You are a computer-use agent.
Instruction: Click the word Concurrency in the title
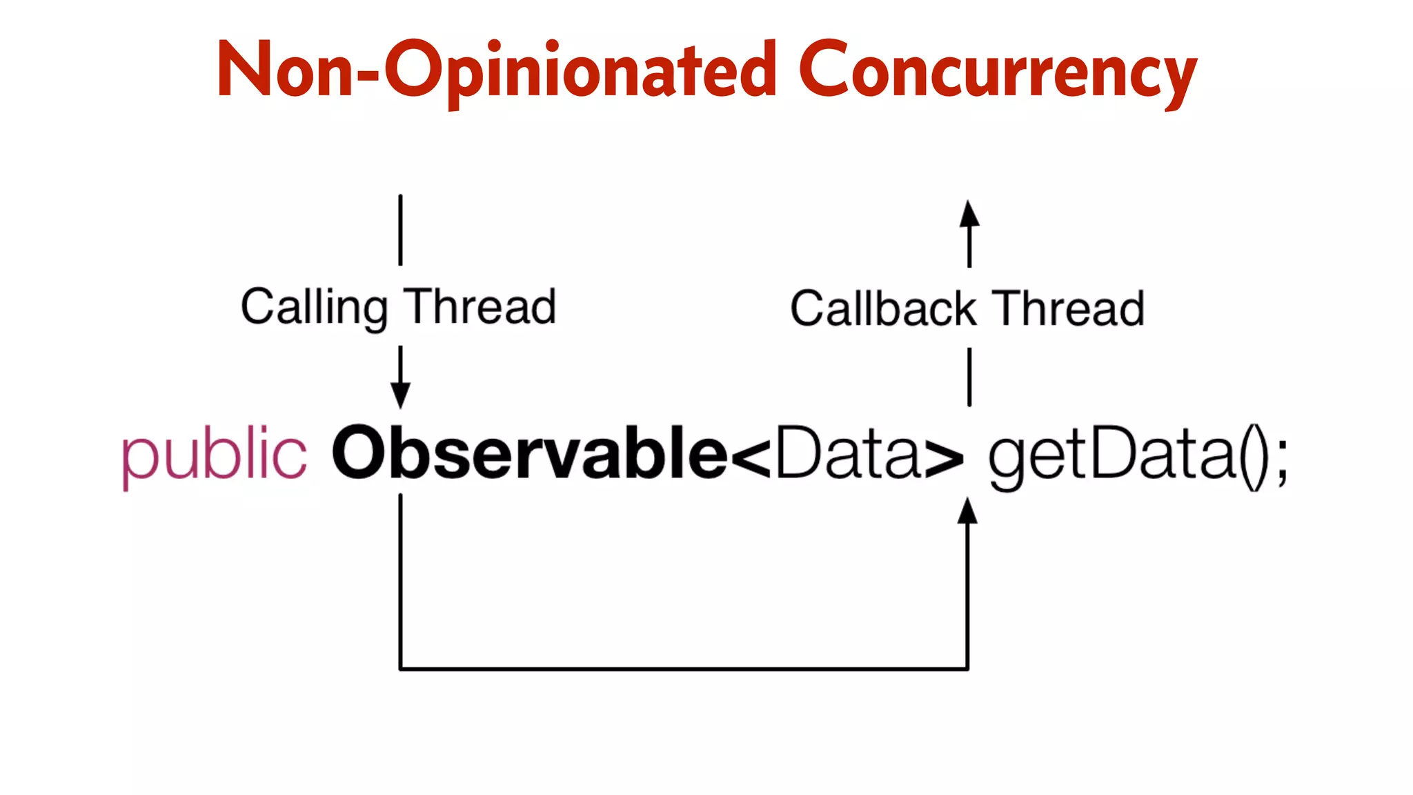997,71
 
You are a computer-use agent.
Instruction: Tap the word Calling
314,307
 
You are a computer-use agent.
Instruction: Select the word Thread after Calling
480,307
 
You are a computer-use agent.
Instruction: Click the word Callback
883,308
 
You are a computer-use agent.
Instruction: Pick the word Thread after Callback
1069,308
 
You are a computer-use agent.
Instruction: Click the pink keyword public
214,455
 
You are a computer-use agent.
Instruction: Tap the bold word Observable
529,453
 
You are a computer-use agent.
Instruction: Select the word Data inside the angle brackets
847,453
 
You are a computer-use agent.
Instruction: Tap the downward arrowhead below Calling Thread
400,395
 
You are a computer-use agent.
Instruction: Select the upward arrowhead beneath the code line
968,511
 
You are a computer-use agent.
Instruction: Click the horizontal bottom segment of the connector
683,668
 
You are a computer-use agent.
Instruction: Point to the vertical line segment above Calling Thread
400,230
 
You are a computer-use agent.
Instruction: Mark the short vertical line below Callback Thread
969,377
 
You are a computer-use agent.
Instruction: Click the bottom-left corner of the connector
401,668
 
